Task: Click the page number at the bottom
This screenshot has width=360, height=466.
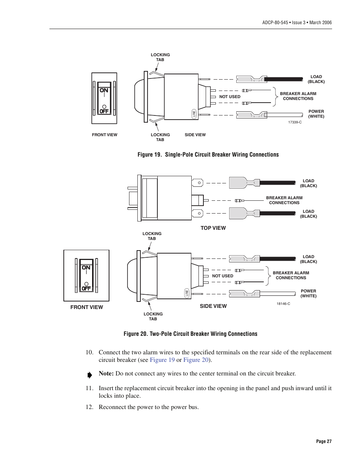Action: (323, 441)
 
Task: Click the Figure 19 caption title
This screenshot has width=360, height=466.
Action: (208, 155)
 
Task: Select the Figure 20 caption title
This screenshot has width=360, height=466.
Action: (190, 334)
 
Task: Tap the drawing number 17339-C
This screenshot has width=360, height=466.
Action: (295, 122)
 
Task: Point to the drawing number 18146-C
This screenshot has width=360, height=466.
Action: (283, 304)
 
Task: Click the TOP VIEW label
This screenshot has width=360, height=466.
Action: (213, 228)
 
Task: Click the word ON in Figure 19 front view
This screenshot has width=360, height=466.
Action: (104, 91)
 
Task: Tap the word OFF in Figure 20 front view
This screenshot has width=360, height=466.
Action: (86, 289)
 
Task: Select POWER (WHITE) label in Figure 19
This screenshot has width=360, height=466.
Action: (316, 114)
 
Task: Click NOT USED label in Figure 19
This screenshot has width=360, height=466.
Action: (229, 97)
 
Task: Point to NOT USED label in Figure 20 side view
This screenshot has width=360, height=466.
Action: (222, 276)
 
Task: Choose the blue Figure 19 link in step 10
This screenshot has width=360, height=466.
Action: (162, 360)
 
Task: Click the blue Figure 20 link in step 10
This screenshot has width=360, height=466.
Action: (196, 360)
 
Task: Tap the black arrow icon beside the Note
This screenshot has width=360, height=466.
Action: (89, 375)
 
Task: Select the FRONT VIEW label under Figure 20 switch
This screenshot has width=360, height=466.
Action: (86, 307)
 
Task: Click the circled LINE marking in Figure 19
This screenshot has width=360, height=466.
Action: (194, 114)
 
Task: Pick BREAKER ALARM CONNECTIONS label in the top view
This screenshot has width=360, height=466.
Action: (284, 200)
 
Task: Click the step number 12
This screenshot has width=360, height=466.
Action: (89, 407)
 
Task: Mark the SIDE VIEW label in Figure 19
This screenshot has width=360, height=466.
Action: (195, 135)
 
